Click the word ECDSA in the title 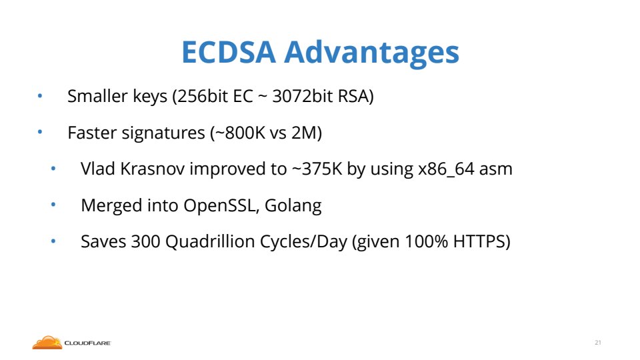coord(229,52)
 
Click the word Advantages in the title coord(371,53)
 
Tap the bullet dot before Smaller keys coord(40,96)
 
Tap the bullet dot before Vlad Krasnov coord(53,169)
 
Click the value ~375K coord(317,169)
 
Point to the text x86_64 coord(446,169)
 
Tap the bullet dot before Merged coord(53,205)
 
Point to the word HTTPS coord(479,241)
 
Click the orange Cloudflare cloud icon coord(47,343)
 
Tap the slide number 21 coord(598,343)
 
